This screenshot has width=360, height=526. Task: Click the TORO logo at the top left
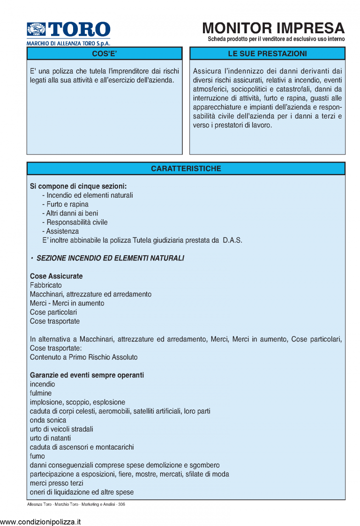click(68, 30)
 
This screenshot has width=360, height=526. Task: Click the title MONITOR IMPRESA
click(273, 28)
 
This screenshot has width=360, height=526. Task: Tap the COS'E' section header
click(104, 54)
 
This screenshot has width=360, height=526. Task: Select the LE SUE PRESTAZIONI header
click(267, 54)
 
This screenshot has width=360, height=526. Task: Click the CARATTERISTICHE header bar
click(186, 169)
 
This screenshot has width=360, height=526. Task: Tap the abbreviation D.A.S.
click(232, 240)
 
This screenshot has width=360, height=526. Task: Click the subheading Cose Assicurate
click(56, 276)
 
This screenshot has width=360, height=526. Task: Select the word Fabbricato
click(46, 285)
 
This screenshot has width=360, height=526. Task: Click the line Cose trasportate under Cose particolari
click(55, 321)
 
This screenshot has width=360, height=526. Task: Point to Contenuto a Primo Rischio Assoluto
click(84, 357)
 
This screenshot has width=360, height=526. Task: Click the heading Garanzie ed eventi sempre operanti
click(87, 375)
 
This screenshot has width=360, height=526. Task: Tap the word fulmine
click(41, 393)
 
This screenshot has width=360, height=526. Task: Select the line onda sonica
click(48, 420)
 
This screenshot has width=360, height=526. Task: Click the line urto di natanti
click(50, 438)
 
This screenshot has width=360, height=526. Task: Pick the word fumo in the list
click(37, 456)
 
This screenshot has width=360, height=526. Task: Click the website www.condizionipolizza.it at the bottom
click(40, 521)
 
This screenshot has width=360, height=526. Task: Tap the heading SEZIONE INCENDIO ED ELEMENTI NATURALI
click(110, 258)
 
